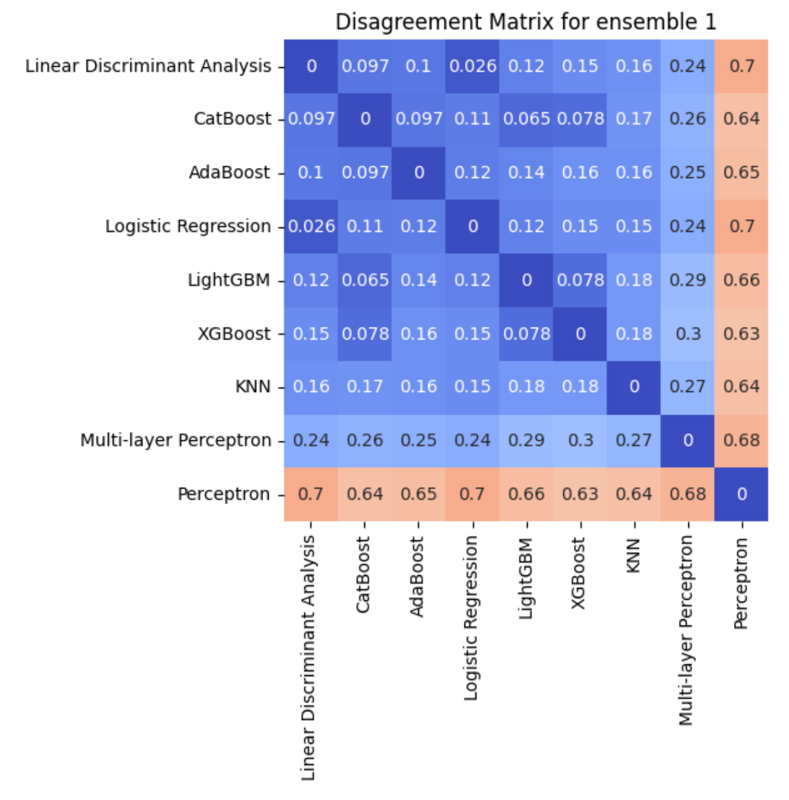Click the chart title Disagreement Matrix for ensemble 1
[x=525, y=22]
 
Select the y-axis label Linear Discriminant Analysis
[x=148, y=66]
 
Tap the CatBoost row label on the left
[x=232, y=119]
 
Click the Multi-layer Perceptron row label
[x=176, y=441]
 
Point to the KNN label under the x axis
[x=634, y=555]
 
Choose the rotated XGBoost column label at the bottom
[x=579, y=572]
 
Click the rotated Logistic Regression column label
[x=472, y=617]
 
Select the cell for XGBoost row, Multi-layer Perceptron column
[x=688, y=334]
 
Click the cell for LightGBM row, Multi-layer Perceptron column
[x=688, y=281]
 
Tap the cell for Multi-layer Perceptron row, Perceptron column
[x=741, y=441]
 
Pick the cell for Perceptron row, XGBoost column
[x=580, y=494]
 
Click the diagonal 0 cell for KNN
[x=634, y=387]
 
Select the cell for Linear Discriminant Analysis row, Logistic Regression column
[x=473, y=66]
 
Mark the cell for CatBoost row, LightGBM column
[x=526, y=119]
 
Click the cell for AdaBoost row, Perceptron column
[x=741, y=173]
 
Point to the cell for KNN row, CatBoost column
[x=365, y=387]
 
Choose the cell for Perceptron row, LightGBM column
[x=526, y=494]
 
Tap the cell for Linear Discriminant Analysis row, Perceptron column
[x=741, y=66]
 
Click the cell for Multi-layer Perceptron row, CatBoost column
[x=365, y=441]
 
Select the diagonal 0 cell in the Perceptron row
[x=741, y=494]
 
